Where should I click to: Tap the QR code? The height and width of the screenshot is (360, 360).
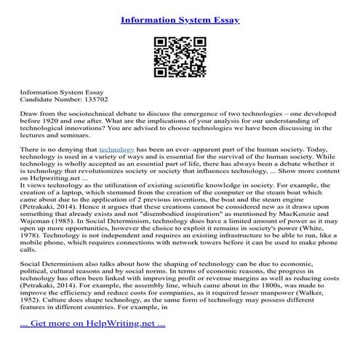[x=180, y=57]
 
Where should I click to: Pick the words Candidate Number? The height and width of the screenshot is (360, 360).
[x=49, y=98]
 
